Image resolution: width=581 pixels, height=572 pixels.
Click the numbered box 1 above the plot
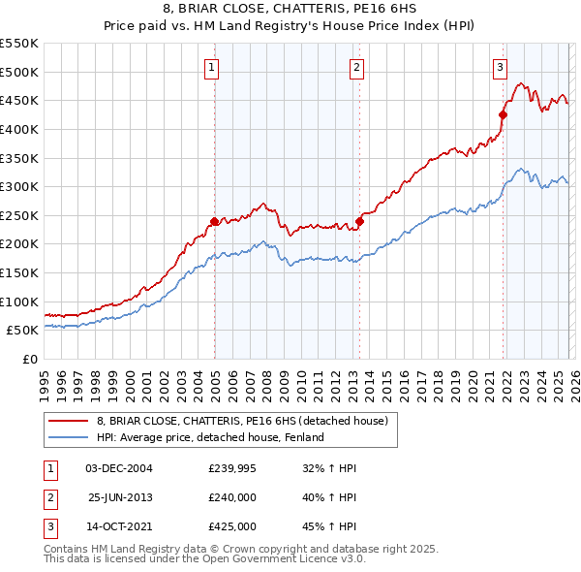tap(211, 67)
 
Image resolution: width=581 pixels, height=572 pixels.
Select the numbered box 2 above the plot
tap(356, 67)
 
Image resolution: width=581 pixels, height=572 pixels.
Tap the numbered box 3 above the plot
tap(500, 67)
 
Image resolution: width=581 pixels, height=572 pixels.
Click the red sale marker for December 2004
tap(214, 221)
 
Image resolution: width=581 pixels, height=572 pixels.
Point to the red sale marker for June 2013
tap(359, 221)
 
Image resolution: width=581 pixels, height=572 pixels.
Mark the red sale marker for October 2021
tap(503, 114)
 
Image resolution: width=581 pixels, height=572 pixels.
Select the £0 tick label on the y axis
tap(29, 359)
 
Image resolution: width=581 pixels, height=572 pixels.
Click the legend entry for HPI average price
tap(209, 437)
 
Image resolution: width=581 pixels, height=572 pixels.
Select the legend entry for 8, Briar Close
tap(242, 421)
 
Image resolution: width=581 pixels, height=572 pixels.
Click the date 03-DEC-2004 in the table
tap(119, 468)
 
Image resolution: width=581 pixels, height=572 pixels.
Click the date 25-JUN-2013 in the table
tap(119, 497)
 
